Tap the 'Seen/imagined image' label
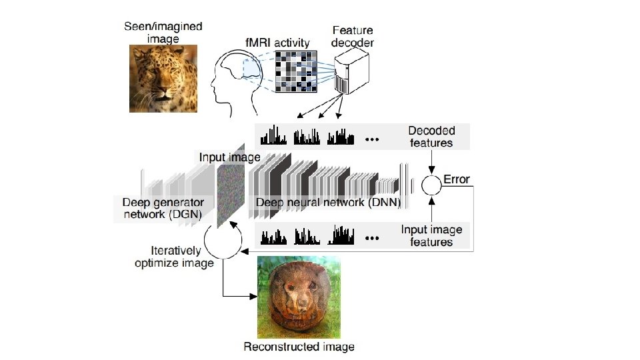(163, 33)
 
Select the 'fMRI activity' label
(277, 43)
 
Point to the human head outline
(230, 83)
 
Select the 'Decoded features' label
(431, 136)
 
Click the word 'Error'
(457, 179)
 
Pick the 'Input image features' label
(431, 235)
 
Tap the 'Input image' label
(229, 157)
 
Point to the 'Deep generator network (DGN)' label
(163, 208)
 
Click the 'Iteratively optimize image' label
(174, 257)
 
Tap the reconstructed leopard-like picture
(299, 298)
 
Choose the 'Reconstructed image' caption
(299, 347)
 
